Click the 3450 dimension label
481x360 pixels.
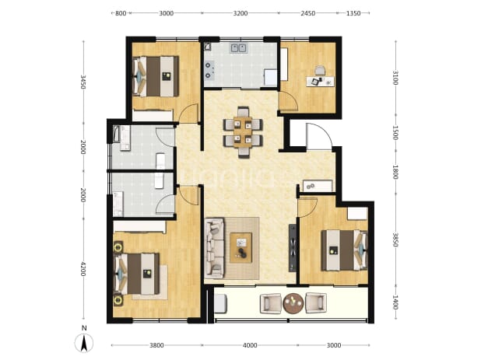[x=83, y=82]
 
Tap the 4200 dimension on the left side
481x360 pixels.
[x=83, y=269]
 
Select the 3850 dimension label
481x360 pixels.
[x=395, y=239]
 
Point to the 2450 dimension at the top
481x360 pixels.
[x=307, y=13]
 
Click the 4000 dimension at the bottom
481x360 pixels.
[x=250, y=345]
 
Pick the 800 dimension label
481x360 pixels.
[x=121, y=13]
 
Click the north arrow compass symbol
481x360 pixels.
[x=84, y=342]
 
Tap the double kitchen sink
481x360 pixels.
[x=239, y=48]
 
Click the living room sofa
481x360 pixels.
[x=214, y=248]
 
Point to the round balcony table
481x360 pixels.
[x=293, y=303]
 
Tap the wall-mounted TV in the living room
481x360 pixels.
[x=293, y=248]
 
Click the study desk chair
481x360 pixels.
[x=320, y=70]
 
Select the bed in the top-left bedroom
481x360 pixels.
[x=156, y=76]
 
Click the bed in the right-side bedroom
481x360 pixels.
[x=344, y=250]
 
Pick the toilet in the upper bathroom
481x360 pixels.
[x=160, y=161]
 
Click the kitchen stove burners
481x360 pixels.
[x=209, y=70]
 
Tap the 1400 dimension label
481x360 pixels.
[x=395, y=302]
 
